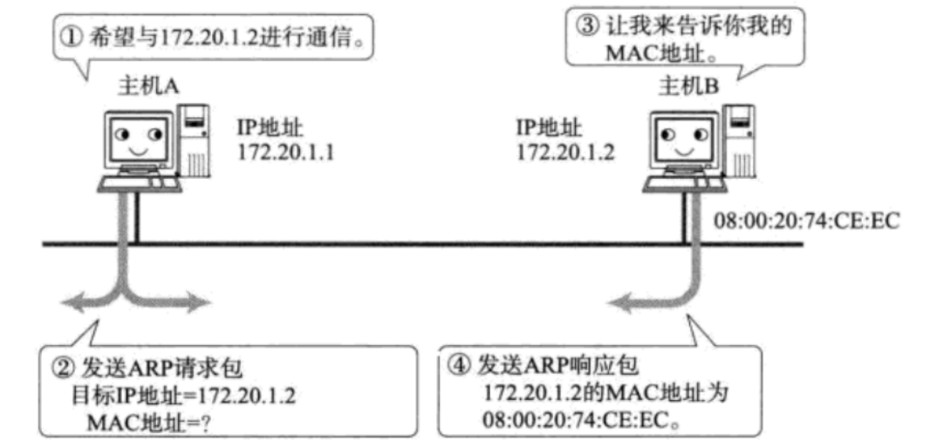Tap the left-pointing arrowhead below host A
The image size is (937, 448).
click(x=69, y=302)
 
